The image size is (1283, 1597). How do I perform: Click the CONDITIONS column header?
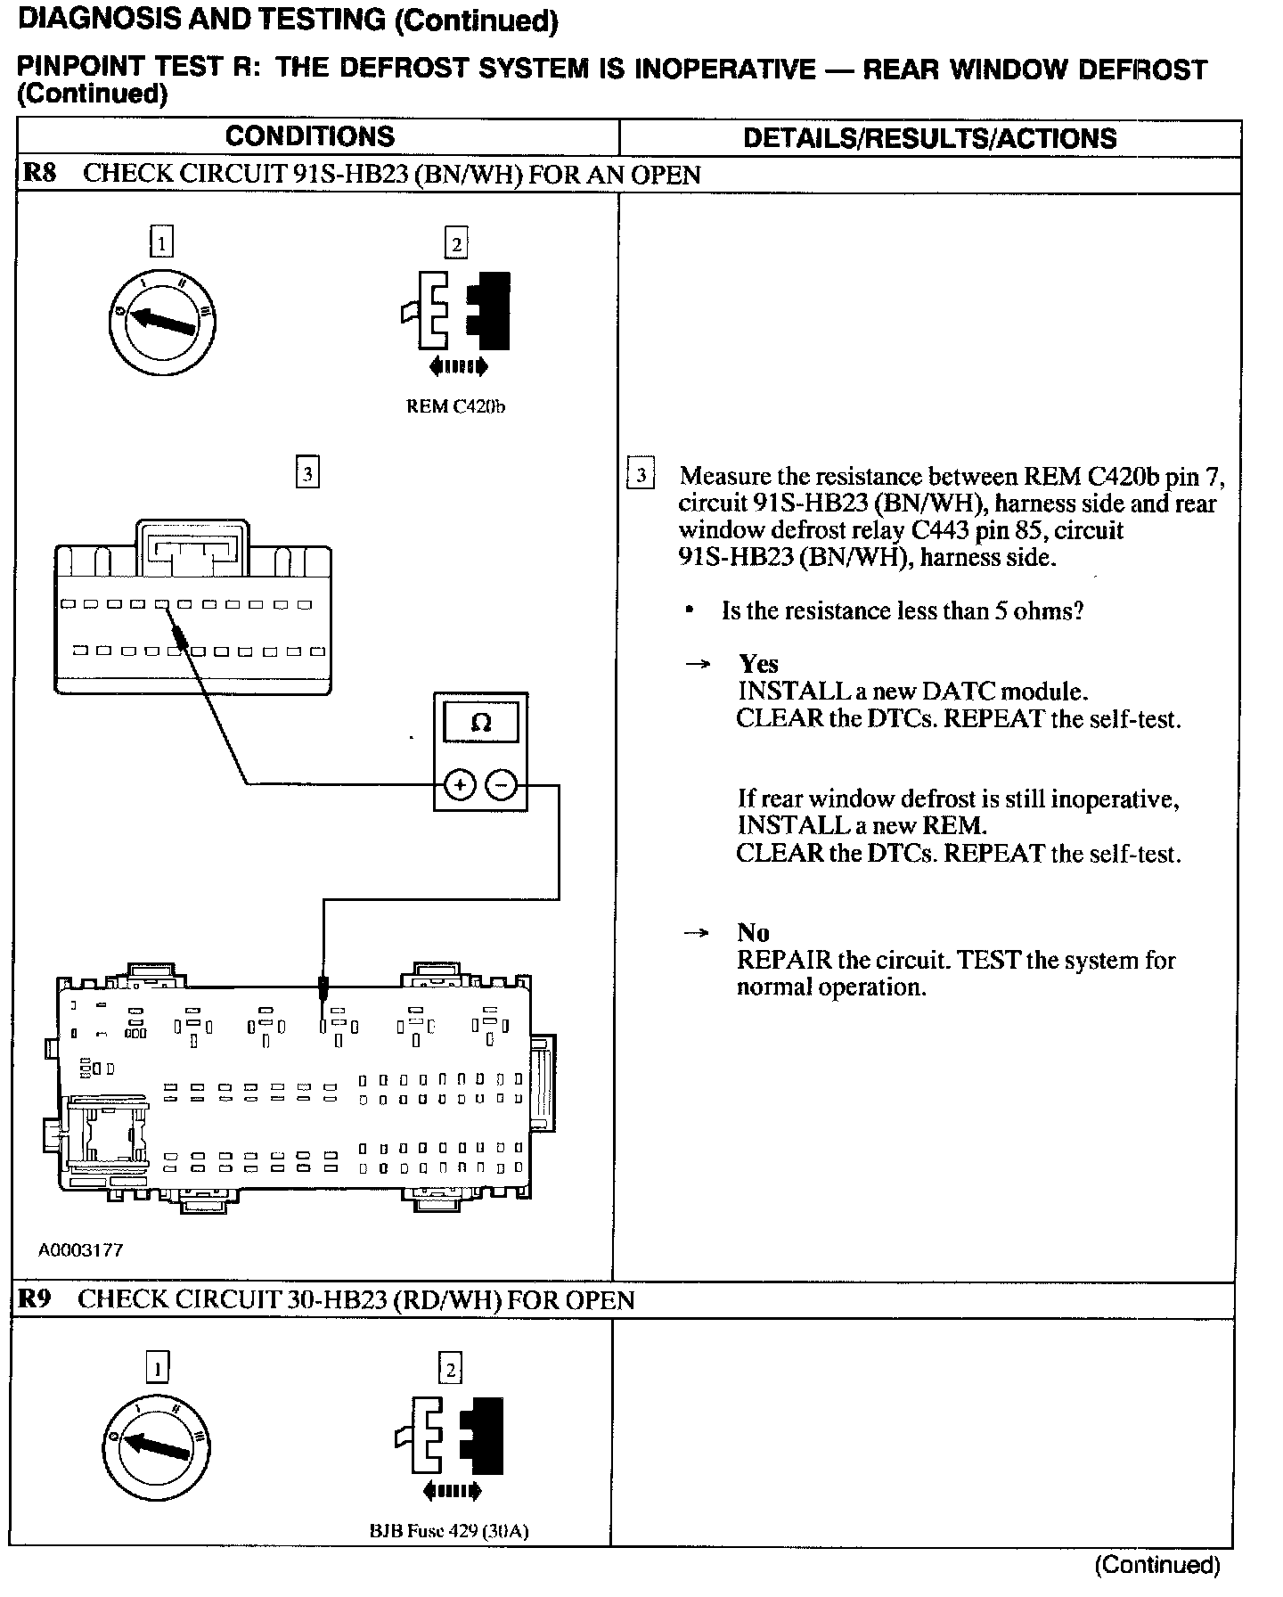click(309, 136)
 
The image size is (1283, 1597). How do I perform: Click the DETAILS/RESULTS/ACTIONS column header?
click(929, 138)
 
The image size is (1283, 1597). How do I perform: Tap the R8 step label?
click(37, 174)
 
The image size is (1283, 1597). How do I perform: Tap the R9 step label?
click(35, 1298)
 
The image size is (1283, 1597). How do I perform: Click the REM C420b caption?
click(455, 407)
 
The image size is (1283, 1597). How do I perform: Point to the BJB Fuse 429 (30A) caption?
click(449, 1532)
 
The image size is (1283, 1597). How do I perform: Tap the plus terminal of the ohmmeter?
click(459, 785)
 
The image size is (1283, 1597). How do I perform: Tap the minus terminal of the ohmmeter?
click(501, 785)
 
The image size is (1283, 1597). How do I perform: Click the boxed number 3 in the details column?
click(641, 475)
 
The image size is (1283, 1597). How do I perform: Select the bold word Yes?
click(758, 664)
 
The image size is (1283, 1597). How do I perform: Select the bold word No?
click(753, 933)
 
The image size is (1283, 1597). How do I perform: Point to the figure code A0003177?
click(80, 1250)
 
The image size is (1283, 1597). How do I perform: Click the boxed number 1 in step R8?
click(161, 242)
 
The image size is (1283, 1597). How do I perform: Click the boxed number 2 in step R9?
click(451, 1368)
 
